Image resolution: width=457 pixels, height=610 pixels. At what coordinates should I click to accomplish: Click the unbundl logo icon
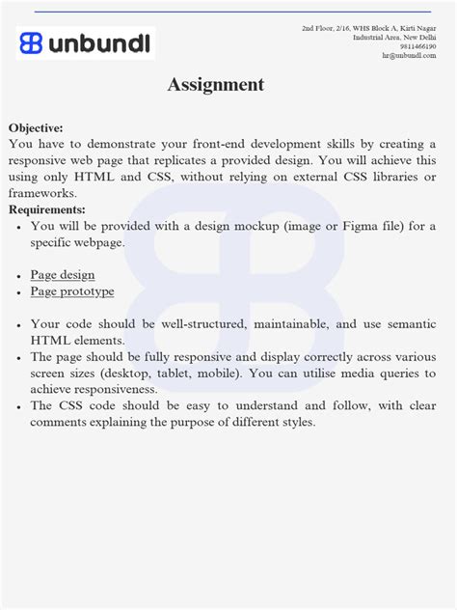click(x=31, y=42)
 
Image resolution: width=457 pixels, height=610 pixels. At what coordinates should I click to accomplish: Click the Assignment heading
click(x=215, y=85)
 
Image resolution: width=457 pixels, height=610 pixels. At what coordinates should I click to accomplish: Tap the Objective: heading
click(x=36, y=127)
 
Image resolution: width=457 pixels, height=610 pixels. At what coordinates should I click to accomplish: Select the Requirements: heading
click(x=46, y=209)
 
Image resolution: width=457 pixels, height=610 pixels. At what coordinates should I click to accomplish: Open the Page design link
click(x=63, y=275)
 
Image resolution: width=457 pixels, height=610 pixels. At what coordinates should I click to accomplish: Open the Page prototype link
click(x=72, y=291)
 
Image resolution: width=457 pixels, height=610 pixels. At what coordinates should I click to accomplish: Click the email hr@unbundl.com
click(x=409, y=55)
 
